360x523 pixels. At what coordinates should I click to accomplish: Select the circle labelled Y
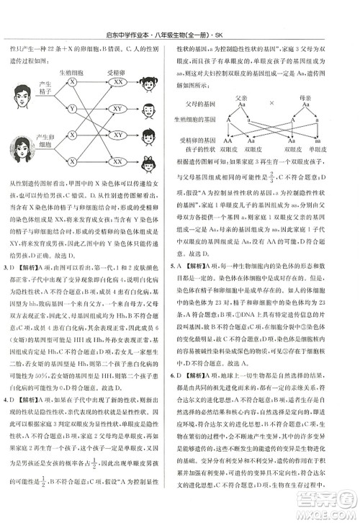(72, 109)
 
